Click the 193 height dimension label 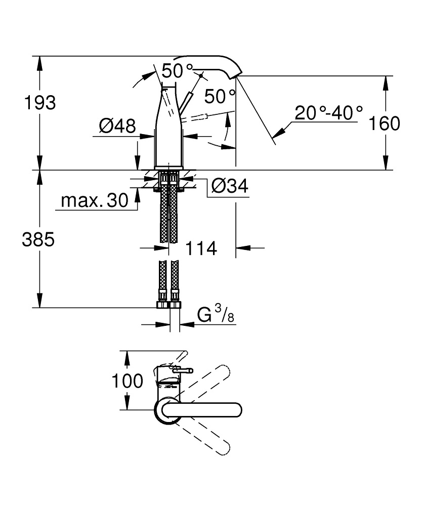40,103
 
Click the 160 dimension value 385,123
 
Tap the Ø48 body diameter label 117,125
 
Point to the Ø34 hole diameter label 229,187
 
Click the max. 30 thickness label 95,201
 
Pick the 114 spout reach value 201,248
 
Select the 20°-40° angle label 329,112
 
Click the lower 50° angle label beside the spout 220,96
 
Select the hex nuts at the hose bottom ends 168,305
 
